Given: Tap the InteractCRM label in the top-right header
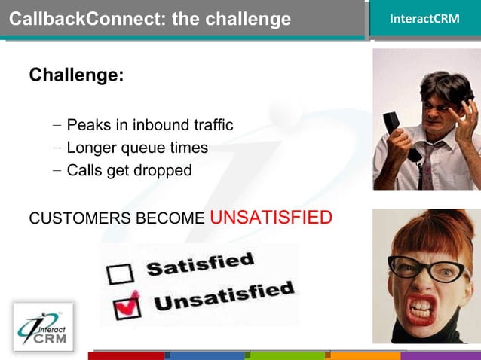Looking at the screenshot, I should (424, 19).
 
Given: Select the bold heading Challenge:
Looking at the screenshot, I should (76, 75).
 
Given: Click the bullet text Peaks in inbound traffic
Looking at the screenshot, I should (149, 125).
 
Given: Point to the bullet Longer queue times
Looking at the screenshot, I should (136, 148).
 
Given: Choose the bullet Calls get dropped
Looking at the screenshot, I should (129, 170).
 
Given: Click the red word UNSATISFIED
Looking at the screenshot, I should (271, 218).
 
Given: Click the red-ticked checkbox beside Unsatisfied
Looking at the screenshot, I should (126, 306).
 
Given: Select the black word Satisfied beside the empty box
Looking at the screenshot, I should (200, 264).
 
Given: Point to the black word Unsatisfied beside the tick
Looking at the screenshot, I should (223, 294).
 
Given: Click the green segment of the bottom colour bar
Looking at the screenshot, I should (287, 355).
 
